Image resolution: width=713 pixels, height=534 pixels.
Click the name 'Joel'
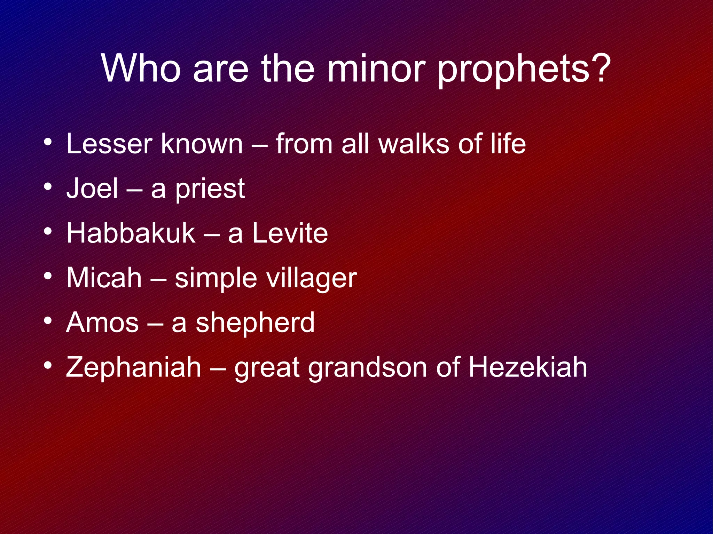[x=92, y=189]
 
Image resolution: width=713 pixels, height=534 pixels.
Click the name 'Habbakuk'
[x=131, y=233]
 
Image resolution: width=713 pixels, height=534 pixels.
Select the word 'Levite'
[x=290, y=233]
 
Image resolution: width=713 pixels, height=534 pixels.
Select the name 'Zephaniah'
[x=133, y=367]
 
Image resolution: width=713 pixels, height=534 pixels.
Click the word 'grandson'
[x=367, y=368]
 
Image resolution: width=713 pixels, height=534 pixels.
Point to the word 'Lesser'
[x=109, y=144]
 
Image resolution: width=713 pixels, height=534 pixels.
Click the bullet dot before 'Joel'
[x=48, y=187]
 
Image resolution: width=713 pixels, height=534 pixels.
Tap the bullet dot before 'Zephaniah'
[x=48, y=365]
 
